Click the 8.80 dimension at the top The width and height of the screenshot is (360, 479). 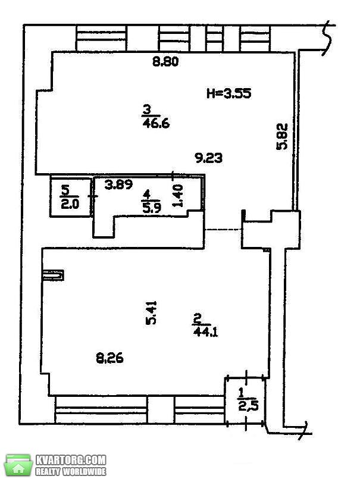[x=165, y=62]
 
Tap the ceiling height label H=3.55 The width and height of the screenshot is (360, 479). [x=229, y=93]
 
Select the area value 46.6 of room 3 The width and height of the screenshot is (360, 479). [x=156, y=124]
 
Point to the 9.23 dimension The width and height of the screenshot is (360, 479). [x=209, y=158]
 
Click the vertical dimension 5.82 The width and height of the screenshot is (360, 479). [x=282, y=136]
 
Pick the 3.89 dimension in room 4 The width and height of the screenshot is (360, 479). [x=118, y=184]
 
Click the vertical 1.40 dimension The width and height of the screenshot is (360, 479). [x=178, y=196]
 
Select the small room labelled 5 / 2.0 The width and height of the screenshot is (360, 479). [x=71, y=198]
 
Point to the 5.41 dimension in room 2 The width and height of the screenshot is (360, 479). [x=151, y=312]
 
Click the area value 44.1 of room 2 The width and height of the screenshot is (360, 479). [x=206, y=331]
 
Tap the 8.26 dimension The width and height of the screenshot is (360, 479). [x=109, y=358]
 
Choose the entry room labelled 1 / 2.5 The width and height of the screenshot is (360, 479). [x=245, y=400]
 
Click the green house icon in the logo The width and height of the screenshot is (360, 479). [x=19, y=465]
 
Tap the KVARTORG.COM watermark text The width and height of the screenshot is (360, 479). [x=71, y=460]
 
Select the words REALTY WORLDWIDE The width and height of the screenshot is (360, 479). [x=71, y=471]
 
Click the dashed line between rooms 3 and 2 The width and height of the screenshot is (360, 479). [x=223, y=229]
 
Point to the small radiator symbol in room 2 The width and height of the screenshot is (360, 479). [x=54, y=275]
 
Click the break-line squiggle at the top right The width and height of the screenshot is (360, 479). [x=328, y=39]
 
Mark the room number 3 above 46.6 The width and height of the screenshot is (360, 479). [x=148, y=109]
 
